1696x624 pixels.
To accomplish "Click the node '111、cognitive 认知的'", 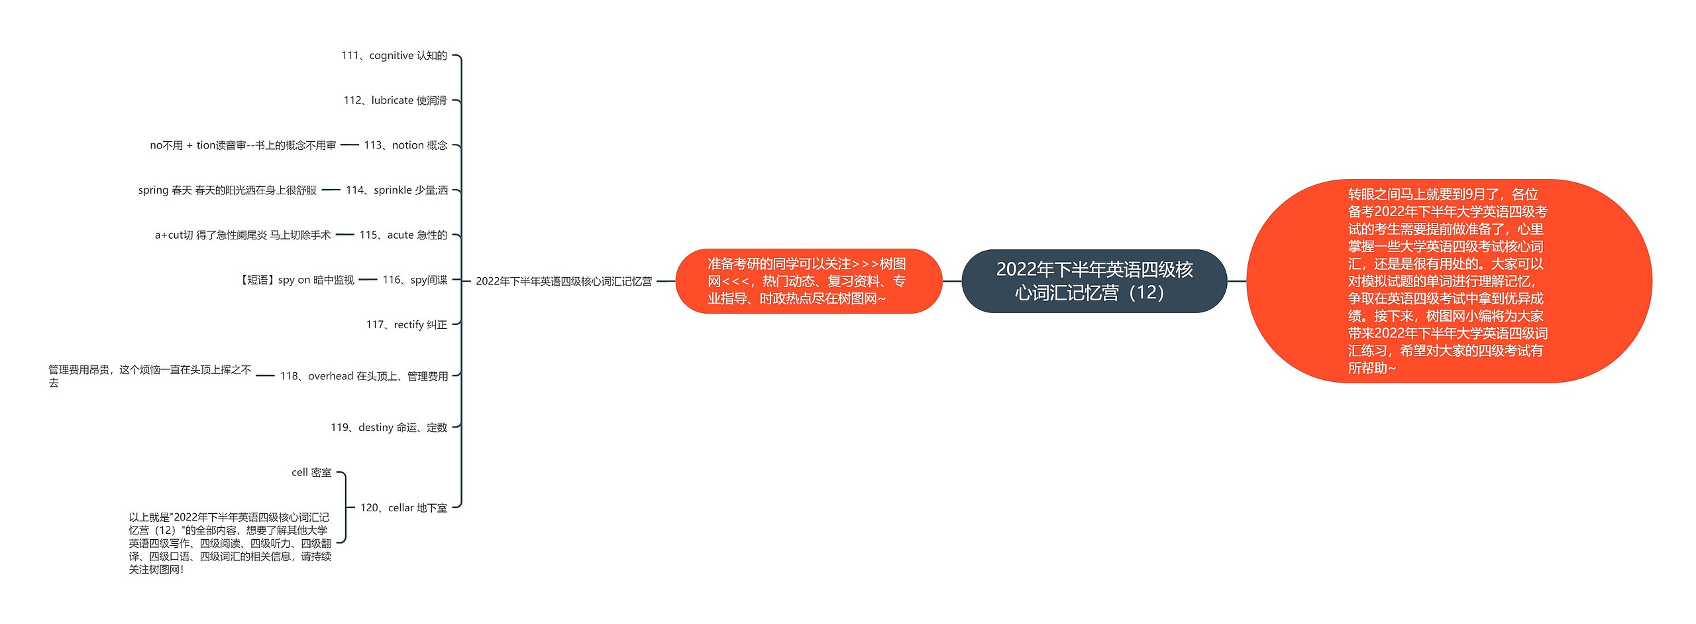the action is tap(394, 56).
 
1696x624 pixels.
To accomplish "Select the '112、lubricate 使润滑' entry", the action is tap(395, 101).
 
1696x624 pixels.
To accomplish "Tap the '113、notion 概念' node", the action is tap(405, 145).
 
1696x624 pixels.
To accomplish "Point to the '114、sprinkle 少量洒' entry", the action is tap(397, 190).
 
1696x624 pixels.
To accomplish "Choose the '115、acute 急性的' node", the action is tap(403, 235).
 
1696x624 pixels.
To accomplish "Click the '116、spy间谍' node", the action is tap(415, 280).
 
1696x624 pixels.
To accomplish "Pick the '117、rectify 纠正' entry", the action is tap(406, 325).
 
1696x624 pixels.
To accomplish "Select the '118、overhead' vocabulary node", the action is tap(364, 376).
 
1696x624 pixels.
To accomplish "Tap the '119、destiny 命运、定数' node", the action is tap(389, 428).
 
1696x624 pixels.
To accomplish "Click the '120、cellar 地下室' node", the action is tap(403, 508).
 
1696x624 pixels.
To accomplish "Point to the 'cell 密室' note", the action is tap(311, 473).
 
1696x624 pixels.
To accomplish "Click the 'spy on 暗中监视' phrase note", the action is tap(296, 280).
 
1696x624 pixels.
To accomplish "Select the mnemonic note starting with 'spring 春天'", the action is tap(227, 190).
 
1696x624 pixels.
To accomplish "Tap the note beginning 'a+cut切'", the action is tap(242, 235).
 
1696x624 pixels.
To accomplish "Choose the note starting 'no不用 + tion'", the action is tap(242, 145).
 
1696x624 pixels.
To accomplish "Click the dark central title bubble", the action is tap(1094, 281).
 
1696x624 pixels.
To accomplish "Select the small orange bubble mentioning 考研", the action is tap(808, 281).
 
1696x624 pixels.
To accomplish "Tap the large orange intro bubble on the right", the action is tap(1448, 281).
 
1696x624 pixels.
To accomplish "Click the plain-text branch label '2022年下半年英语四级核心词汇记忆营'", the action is tap(563, 281).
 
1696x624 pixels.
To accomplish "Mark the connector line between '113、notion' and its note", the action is tap(349, 145).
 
